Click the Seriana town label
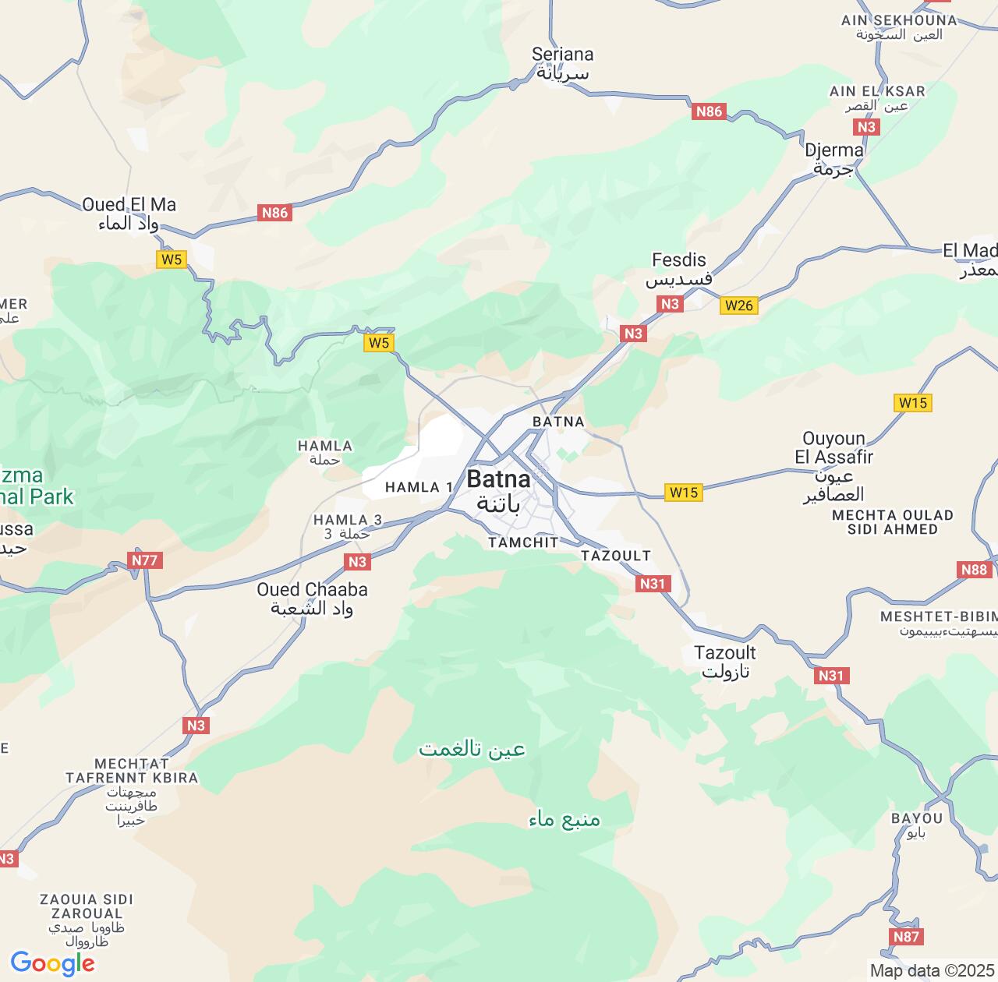click(562, 63)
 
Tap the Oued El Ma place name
click(129, 214)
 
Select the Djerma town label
click(833, 158)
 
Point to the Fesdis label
click(678, 269)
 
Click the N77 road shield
click(145, 560)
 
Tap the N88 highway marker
click(975, 570)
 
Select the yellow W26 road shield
click(738, 305)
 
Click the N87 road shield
click(906, 937)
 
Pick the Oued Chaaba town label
click(312, 598)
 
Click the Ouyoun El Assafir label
click(833, 465)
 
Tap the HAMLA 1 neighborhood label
click(419, 487)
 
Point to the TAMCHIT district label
click(523, 542)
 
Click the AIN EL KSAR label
click(877, 97)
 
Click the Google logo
click(51, 963)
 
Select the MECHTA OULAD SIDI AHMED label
click(892, 521)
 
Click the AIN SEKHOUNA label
click(898, 26)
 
